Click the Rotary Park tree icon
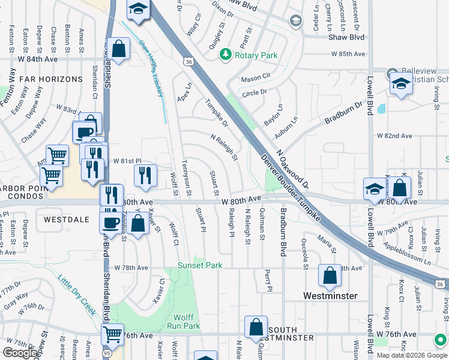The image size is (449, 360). tap(226, 55)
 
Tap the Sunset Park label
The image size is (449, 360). tap(200, 265)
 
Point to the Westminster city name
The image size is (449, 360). tap(330, 296)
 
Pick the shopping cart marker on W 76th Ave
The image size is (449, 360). tap(112, 333)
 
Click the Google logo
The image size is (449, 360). tap(20, 352)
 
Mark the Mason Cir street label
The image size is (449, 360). tap(256, 79)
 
